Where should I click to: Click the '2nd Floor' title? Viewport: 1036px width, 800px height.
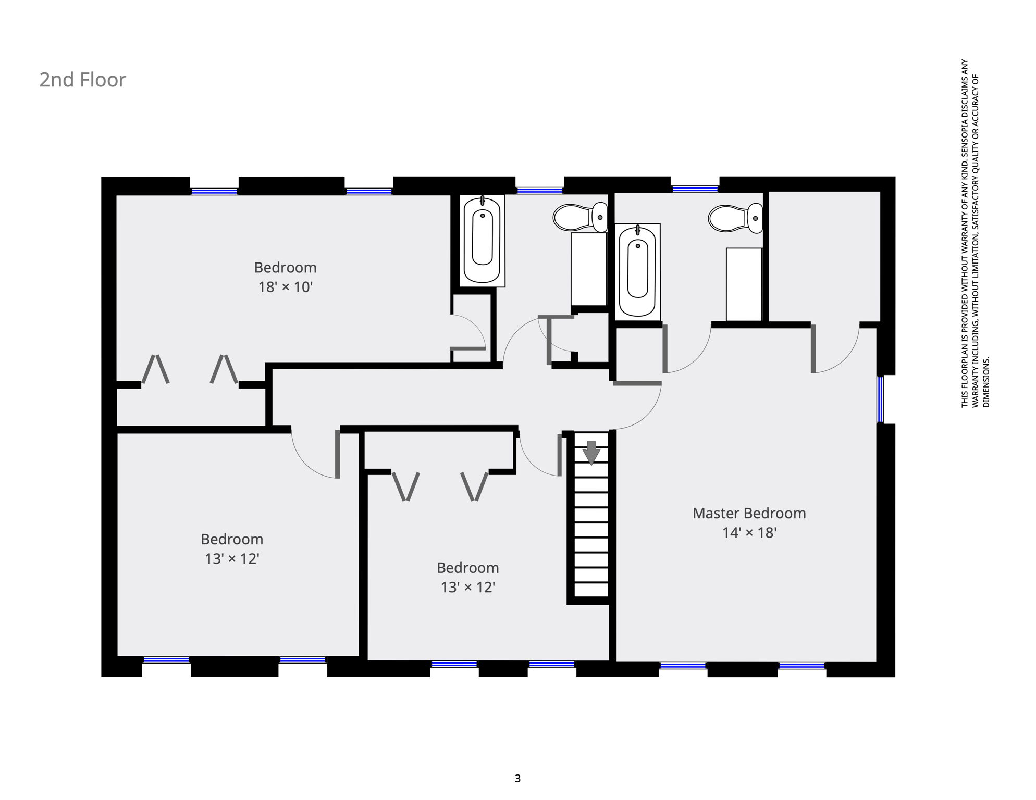pyautogui.click(x=83, y=80)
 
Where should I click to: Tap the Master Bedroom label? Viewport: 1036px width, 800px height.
pyautogui.click(x=749, y=513)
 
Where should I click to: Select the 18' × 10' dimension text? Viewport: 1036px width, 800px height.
pyautogui.click(x=285, y=287)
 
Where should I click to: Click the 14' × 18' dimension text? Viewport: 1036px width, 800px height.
pyautogui.click(x=749, y=532)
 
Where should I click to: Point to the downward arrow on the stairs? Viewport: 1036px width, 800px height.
pyautogui.click(x=591, y=453)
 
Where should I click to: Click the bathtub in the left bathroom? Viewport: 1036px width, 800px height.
pyautogui.click(x=482, y=240)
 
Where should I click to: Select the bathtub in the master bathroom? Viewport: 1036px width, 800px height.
pyautogui.click(x=637, y=272)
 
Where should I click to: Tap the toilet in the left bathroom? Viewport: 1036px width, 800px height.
pyautogui.click(x=580, y=217)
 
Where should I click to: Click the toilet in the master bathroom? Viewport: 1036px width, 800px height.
pyautogui.click(x=735, y=218)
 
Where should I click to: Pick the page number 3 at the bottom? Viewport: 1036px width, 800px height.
pyautogui.click(x=517, y=778)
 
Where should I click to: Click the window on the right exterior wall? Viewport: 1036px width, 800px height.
pyautogui.click(x=880, y=399)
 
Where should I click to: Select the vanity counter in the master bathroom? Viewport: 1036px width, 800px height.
pyautogui.click(x=744, y=284)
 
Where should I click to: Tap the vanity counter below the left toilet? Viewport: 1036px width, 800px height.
pyautogui.click(x=589, y=269)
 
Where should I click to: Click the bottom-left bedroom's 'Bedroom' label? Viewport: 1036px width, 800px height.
pyautogui.click(x=232, y=539)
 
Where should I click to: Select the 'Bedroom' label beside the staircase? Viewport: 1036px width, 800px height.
pyautogui.click(x=467, y=568)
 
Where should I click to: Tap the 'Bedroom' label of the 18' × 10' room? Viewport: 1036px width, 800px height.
pyautogui.click(x=285, y=267)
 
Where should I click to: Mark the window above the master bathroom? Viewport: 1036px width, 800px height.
pyautogui.click(x=695, y=189)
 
